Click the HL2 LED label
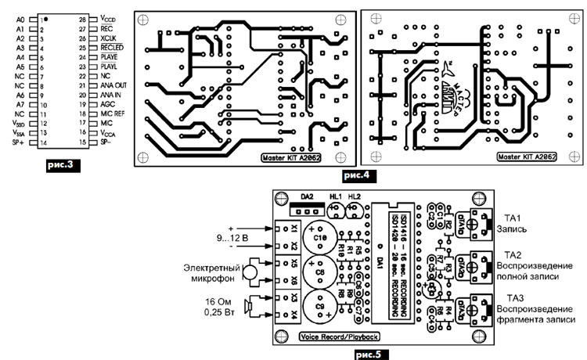pyautogui.click(x=355, y=196)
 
